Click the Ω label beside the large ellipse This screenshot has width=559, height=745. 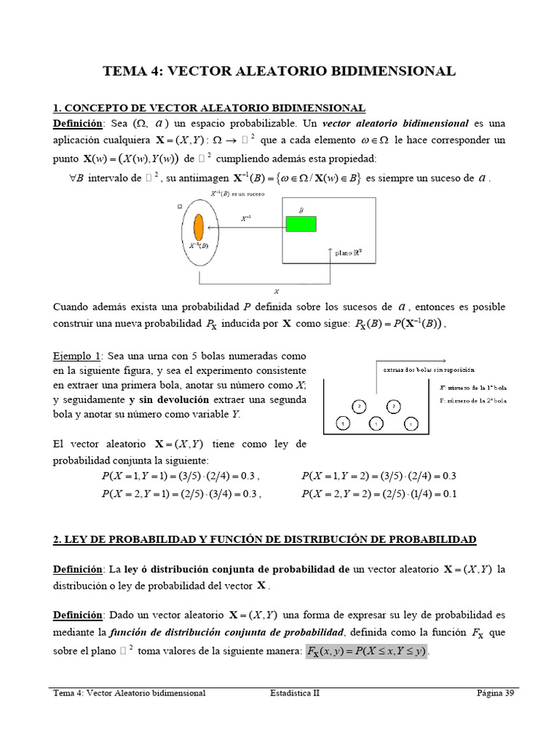pos(180,206)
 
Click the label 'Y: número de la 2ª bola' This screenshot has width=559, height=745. pos(473,401)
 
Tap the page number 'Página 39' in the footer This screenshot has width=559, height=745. pos(496,693)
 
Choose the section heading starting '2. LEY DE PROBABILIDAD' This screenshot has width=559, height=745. pos(265,539)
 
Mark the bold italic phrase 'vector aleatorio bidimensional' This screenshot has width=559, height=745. pos(395,122)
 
